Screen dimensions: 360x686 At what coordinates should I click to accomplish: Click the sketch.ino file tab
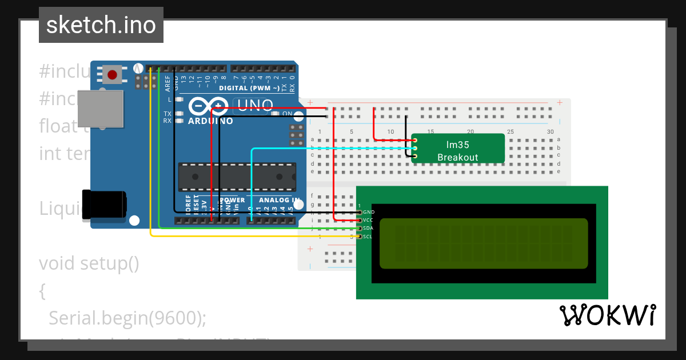click(101, 25)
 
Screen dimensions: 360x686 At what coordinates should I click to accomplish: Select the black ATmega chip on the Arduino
click(238, 177)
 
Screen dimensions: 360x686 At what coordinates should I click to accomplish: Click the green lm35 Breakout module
click(458, 149)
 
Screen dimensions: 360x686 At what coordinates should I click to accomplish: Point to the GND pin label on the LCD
click(368, 212)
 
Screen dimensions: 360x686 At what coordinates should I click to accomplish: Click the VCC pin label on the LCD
click(368, 220)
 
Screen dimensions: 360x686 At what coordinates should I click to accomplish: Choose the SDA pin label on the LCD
click(368, 228)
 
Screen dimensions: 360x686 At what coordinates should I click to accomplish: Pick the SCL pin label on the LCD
click(368, 236)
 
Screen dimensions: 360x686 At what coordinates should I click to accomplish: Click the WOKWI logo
click(607, 315)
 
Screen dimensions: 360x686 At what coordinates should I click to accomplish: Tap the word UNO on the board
click(254, 105)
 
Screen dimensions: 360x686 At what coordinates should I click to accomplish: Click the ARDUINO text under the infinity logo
click(210, 121)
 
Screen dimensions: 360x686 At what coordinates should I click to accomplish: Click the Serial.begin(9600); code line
click(127, 318)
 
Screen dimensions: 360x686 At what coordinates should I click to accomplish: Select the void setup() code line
click(89, 263)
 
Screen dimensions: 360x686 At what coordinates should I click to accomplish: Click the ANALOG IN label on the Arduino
click(280, 200)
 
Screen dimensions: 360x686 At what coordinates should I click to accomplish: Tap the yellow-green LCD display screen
click(483, 243)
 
